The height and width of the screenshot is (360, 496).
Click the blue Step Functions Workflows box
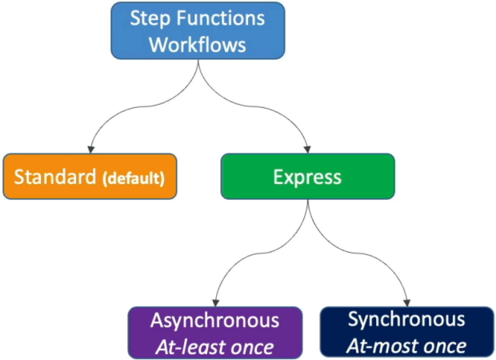(198, 30)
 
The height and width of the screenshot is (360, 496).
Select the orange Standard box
(90, 176)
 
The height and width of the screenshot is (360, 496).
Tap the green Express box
(307, 176)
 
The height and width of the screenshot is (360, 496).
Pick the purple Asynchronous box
(215, 333)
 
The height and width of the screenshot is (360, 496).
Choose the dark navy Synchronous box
(406, 332)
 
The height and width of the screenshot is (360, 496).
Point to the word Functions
(221, 18)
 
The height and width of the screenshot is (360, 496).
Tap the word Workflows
(198, 45)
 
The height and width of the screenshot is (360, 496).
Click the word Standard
(55, 177)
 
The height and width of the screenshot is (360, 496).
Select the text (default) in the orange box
(134, 178)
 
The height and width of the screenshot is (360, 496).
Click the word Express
(307, 178)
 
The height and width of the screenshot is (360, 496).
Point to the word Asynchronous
(214, 321)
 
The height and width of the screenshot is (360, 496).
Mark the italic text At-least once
(214, 348)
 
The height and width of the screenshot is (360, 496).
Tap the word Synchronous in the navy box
(406, 319)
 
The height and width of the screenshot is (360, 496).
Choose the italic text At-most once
(406, 346)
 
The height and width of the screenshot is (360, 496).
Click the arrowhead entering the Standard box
(91, 150)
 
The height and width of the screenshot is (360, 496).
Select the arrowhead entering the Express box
(307, 150)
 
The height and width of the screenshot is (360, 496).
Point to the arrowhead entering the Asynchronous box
(216, 302)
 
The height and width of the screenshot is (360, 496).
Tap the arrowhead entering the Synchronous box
(407, 302)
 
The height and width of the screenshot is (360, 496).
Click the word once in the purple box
(252, 348)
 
